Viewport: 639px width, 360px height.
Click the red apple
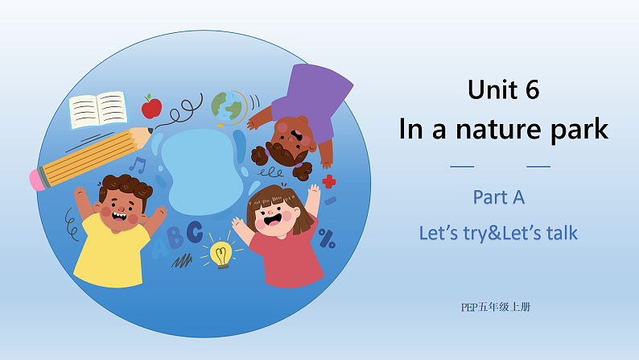[x=151, y=106]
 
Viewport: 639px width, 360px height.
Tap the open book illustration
[x=98, y=110]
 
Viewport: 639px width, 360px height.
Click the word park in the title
[x=579, y=130]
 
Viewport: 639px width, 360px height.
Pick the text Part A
[x=499, y=197]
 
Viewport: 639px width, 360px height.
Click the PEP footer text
[x=496, y=306]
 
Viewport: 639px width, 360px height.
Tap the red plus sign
[x=328, y=182]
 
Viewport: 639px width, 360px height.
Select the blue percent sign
[x=327, y=238]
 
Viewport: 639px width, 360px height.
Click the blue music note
[x=138, y=166]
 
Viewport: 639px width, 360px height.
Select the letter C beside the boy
[x=194, y=233]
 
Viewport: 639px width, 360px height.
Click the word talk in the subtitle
[x=559, y=234]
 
